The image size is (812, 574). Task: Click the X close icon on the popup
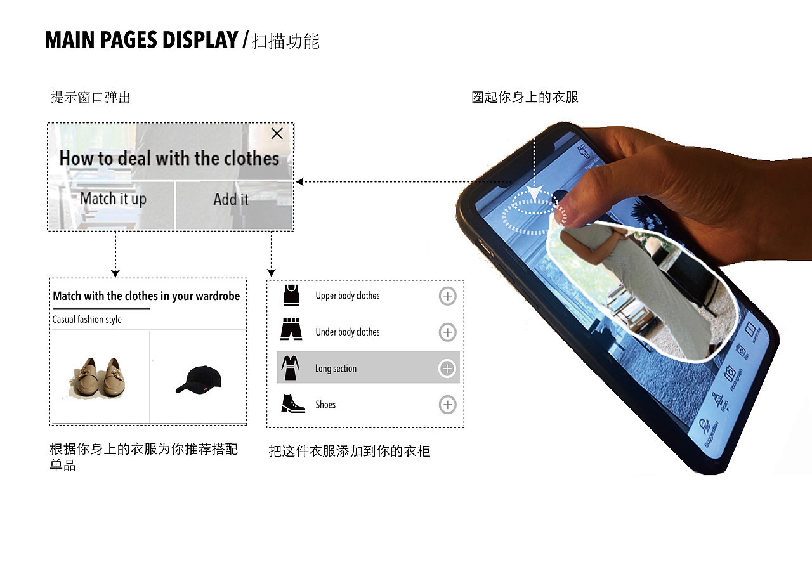(277, 133)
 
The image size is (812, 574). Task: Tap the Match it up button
(113, 199)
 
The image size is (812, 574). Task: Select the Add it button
(231, 199)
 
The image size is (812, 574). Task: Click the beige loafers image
(99, 378)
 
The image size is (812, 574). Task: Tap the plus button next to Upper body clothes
(447, 296)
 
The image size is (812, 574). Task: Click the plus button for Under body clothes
(447, 332)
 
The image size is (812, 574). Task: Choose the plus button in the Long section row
(447, 369)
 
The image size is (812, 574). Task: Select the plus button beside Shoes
(447, 405)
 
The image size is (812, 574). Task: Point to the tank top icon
(291, 295)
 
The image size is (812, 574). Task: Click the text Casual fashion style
(87, 320)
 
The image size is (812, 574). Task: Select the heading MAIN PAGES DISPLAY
(141, 41)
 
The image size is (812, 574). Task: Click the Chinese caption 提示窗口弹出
(90, 98)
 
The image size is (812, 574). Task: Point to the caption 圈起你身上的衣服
(525, 98)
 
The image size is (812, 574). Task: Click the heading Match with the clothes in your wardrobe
(147, 296)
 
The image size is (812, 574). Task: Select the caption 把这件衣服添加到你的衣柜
(350, 452)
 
